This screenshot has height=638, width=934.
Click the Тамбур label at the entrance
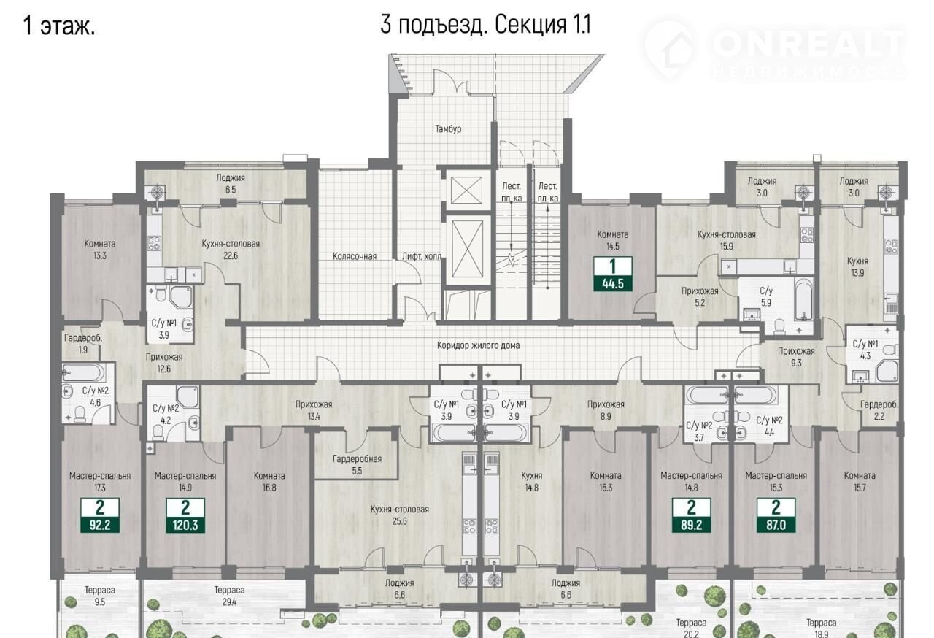coord(448,129)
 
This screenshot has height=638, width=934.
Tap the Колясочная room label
coord(355,256)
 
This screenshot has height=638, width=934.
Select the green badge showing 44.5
coord(612,274)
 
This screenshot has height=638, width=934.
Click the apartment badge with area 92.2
coord(100,515)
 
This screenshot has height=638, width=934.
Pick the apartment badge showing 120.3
coord(185,515)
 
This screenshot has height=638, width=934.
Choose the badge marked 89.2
coord(691,515)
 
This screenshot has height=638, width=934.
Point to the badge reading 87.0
coord(776,515)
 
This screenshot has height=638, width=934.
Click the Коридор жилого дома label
coord(478,345)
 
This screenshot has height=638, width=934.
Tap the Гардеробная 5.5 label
coord(357,464)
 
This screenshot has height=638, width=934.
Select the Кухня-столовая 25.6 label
coord(399,515)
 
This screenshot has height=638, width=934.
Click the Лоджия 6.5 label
coord(231,184)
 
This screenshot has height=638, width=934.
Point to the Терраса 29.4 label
coord(229,596)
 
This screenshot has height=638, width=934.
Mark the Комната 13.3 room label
coord(100,250)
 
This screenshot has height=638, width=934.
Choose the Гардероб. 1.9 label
coord(83,344)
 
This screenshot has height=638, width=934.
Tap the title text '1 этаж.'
coord(59,26)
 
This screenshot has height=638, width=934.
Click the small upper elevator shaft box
coord(466,191)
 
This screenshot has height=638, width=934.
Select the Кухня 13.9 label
coord(857,267)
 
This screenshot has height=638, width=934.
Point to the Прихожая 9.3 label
coord(796,357)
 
